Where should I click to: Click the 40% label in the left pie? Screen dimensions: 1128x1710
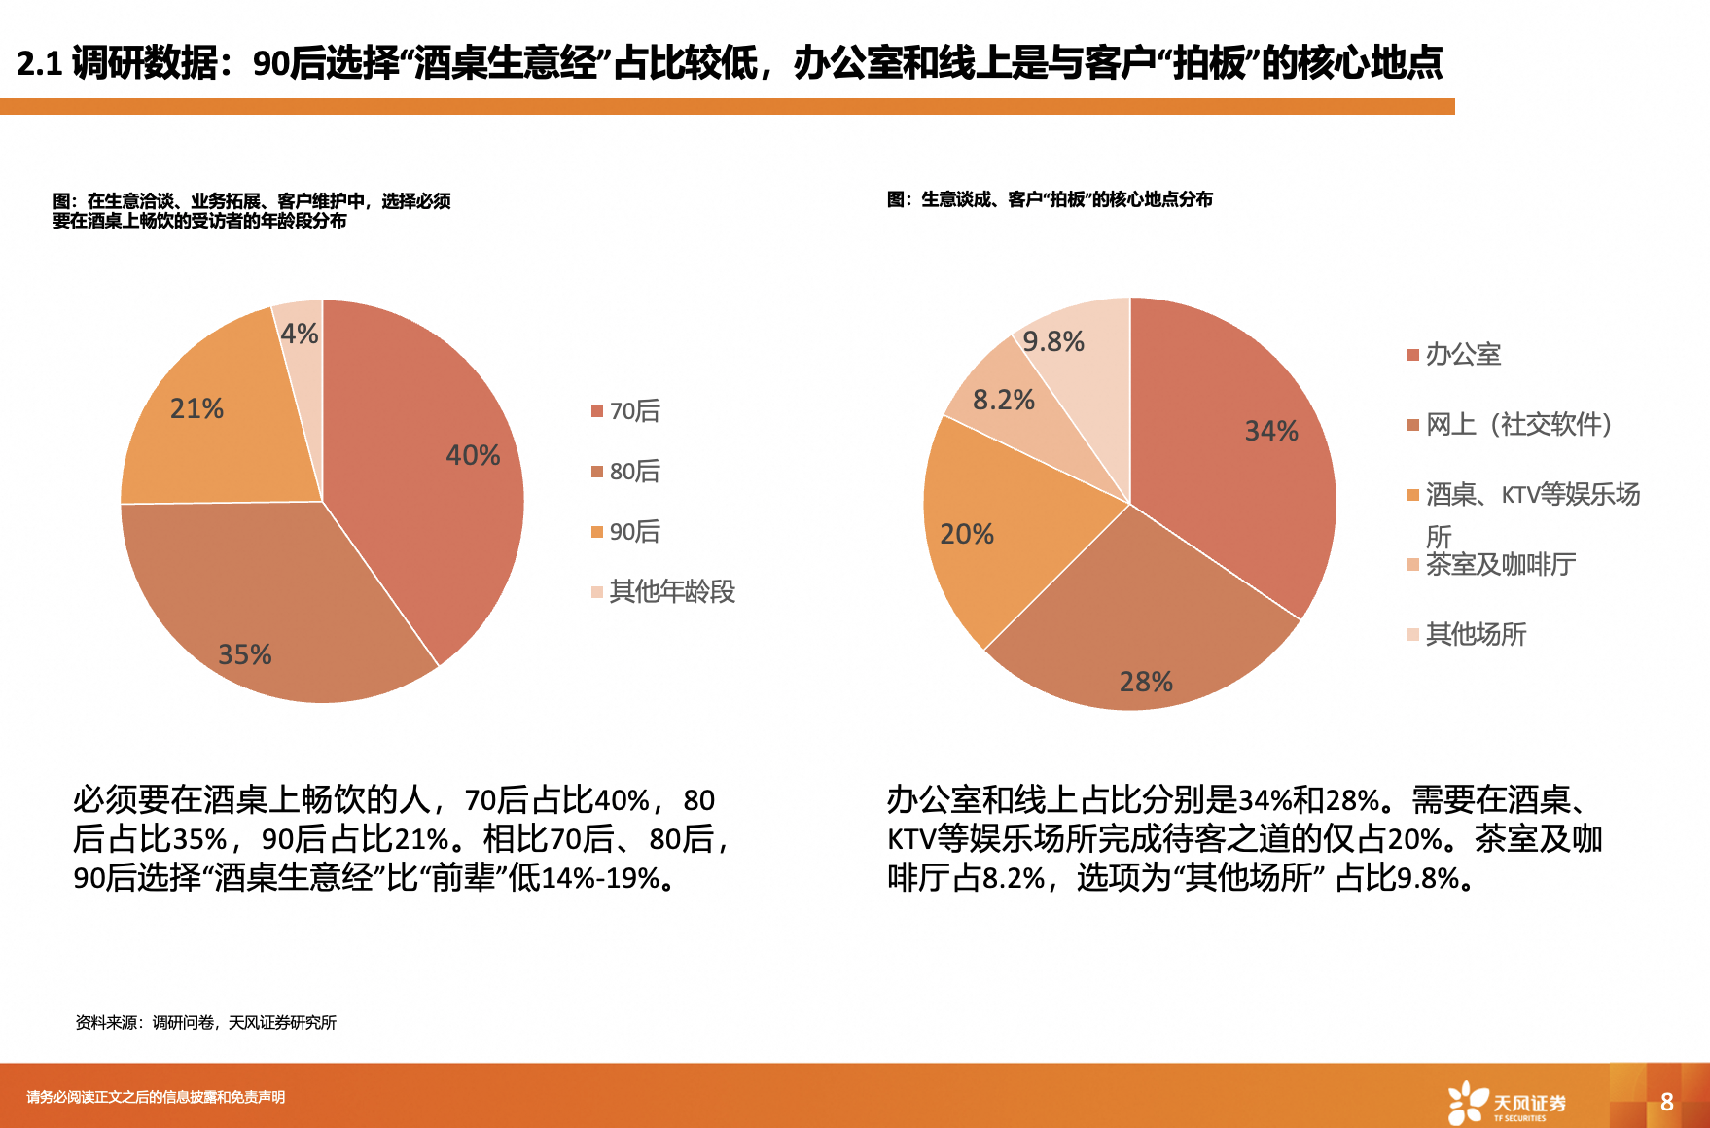(473, 455)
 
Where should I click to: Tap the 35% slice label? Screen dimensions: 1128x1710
(244, 654)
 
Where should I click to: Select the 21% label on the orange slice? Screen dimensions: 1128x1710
(196, 408)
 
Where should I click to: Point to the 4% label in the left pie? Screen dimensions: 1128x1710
(299, 335)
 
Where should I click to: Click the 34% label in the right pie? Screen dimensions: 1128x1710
(1271, 431)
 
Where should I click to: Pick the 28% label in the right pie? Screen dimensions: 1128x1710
(1146, 682)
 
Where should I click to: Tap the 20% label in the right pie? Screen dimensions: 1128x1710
(967, 534)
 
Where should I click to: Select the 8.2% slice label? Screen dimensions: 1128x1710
(1003, 400)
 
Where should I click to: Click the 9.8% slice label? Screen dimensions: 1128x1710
(1052, 341)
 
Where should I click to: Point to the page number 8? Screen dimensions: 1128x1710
(1666, 1102)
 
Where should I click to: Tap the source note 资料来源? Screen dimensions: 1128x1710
(205, 1022)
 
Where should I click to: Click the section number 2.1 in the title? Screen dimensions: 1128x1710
(40, 64)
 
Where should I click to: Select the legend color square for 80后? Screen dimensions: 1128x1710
(597, 472)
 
